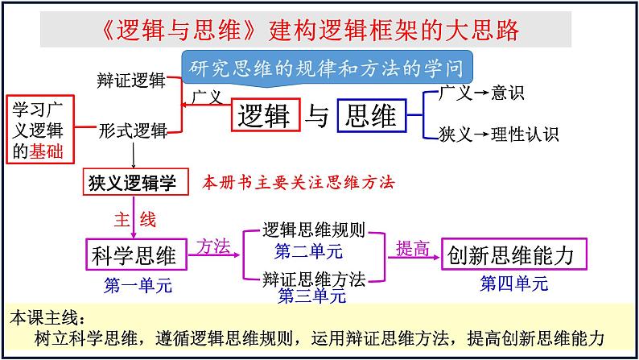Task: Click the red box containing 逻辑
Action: click(x=266, y=116)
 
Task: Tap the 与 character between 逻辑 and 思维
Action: click(x=319, y=117)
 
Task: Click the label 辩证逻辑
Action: click(x=131, y=81)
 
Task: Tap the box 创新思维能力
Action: click(x=513, y=255)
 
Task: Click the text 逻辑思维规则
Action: click(x=315, y=231)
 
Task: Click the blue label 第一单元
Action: click(x=138, y=285)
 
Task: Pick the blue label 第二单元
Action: click(x=308, y=250)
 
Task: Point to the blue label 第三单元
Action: click(x=312, y=296)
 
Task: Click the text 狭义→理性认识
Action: click(x=498, y=134)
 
